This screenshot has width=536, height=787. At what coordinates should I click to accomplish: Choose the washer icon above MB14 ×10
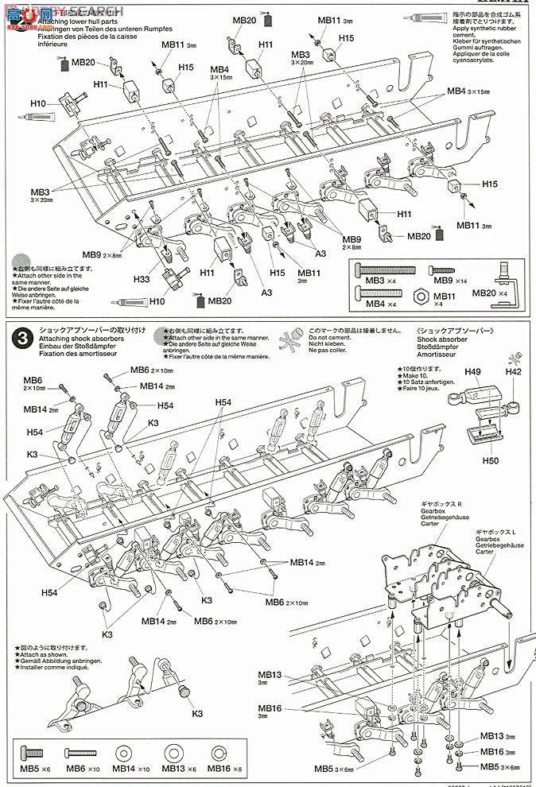[123, 752]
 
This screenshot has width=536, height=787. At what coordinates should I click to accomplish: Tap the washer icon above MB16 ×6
[219, 752]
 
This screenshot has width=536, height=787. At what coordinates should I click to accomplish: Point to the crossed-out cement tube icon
[290, 337]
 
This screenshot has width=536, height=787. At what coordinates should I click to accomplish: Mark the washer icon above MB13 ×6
[171, 752]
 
